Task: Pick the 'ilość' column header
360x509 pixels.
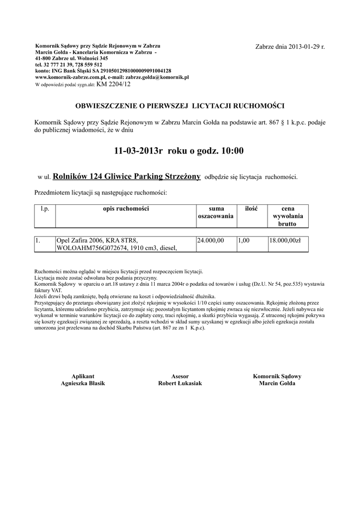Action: coord(251,209)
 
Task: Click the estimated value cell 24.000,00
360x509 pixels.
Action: coord(211,241)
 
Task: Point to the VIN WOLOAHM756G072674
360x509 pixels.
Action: coord(89,248)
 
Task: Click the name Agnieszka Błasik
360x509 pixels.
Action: coord(83,384)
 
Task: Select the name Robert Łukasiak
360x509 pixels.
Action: coord(180,384)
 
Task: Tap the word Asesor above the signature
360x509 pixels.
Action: coord(180,376)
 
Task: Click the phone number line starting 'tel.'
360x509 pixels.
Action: coord(69,65)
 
